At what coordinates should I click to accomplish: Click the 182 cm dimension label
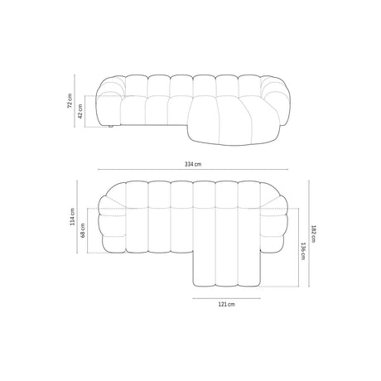pyautogui.click(x=315, y=235)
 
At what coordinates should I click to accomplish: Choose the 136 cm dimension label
pyautogui.click(x=304, y=251)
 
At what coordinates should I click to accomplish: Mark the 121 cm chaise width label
pyautogui.click(x=225, y=305)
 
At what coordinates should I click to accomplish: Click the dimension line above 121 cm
pyautogui.click(x=225, y=296)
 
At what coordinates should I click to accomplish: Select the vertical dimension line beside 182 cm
pyautogui.click(x=308, y=235)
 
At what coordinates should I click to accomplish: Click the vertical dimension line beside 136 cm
pyautogui.click(x=297, y=251)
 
